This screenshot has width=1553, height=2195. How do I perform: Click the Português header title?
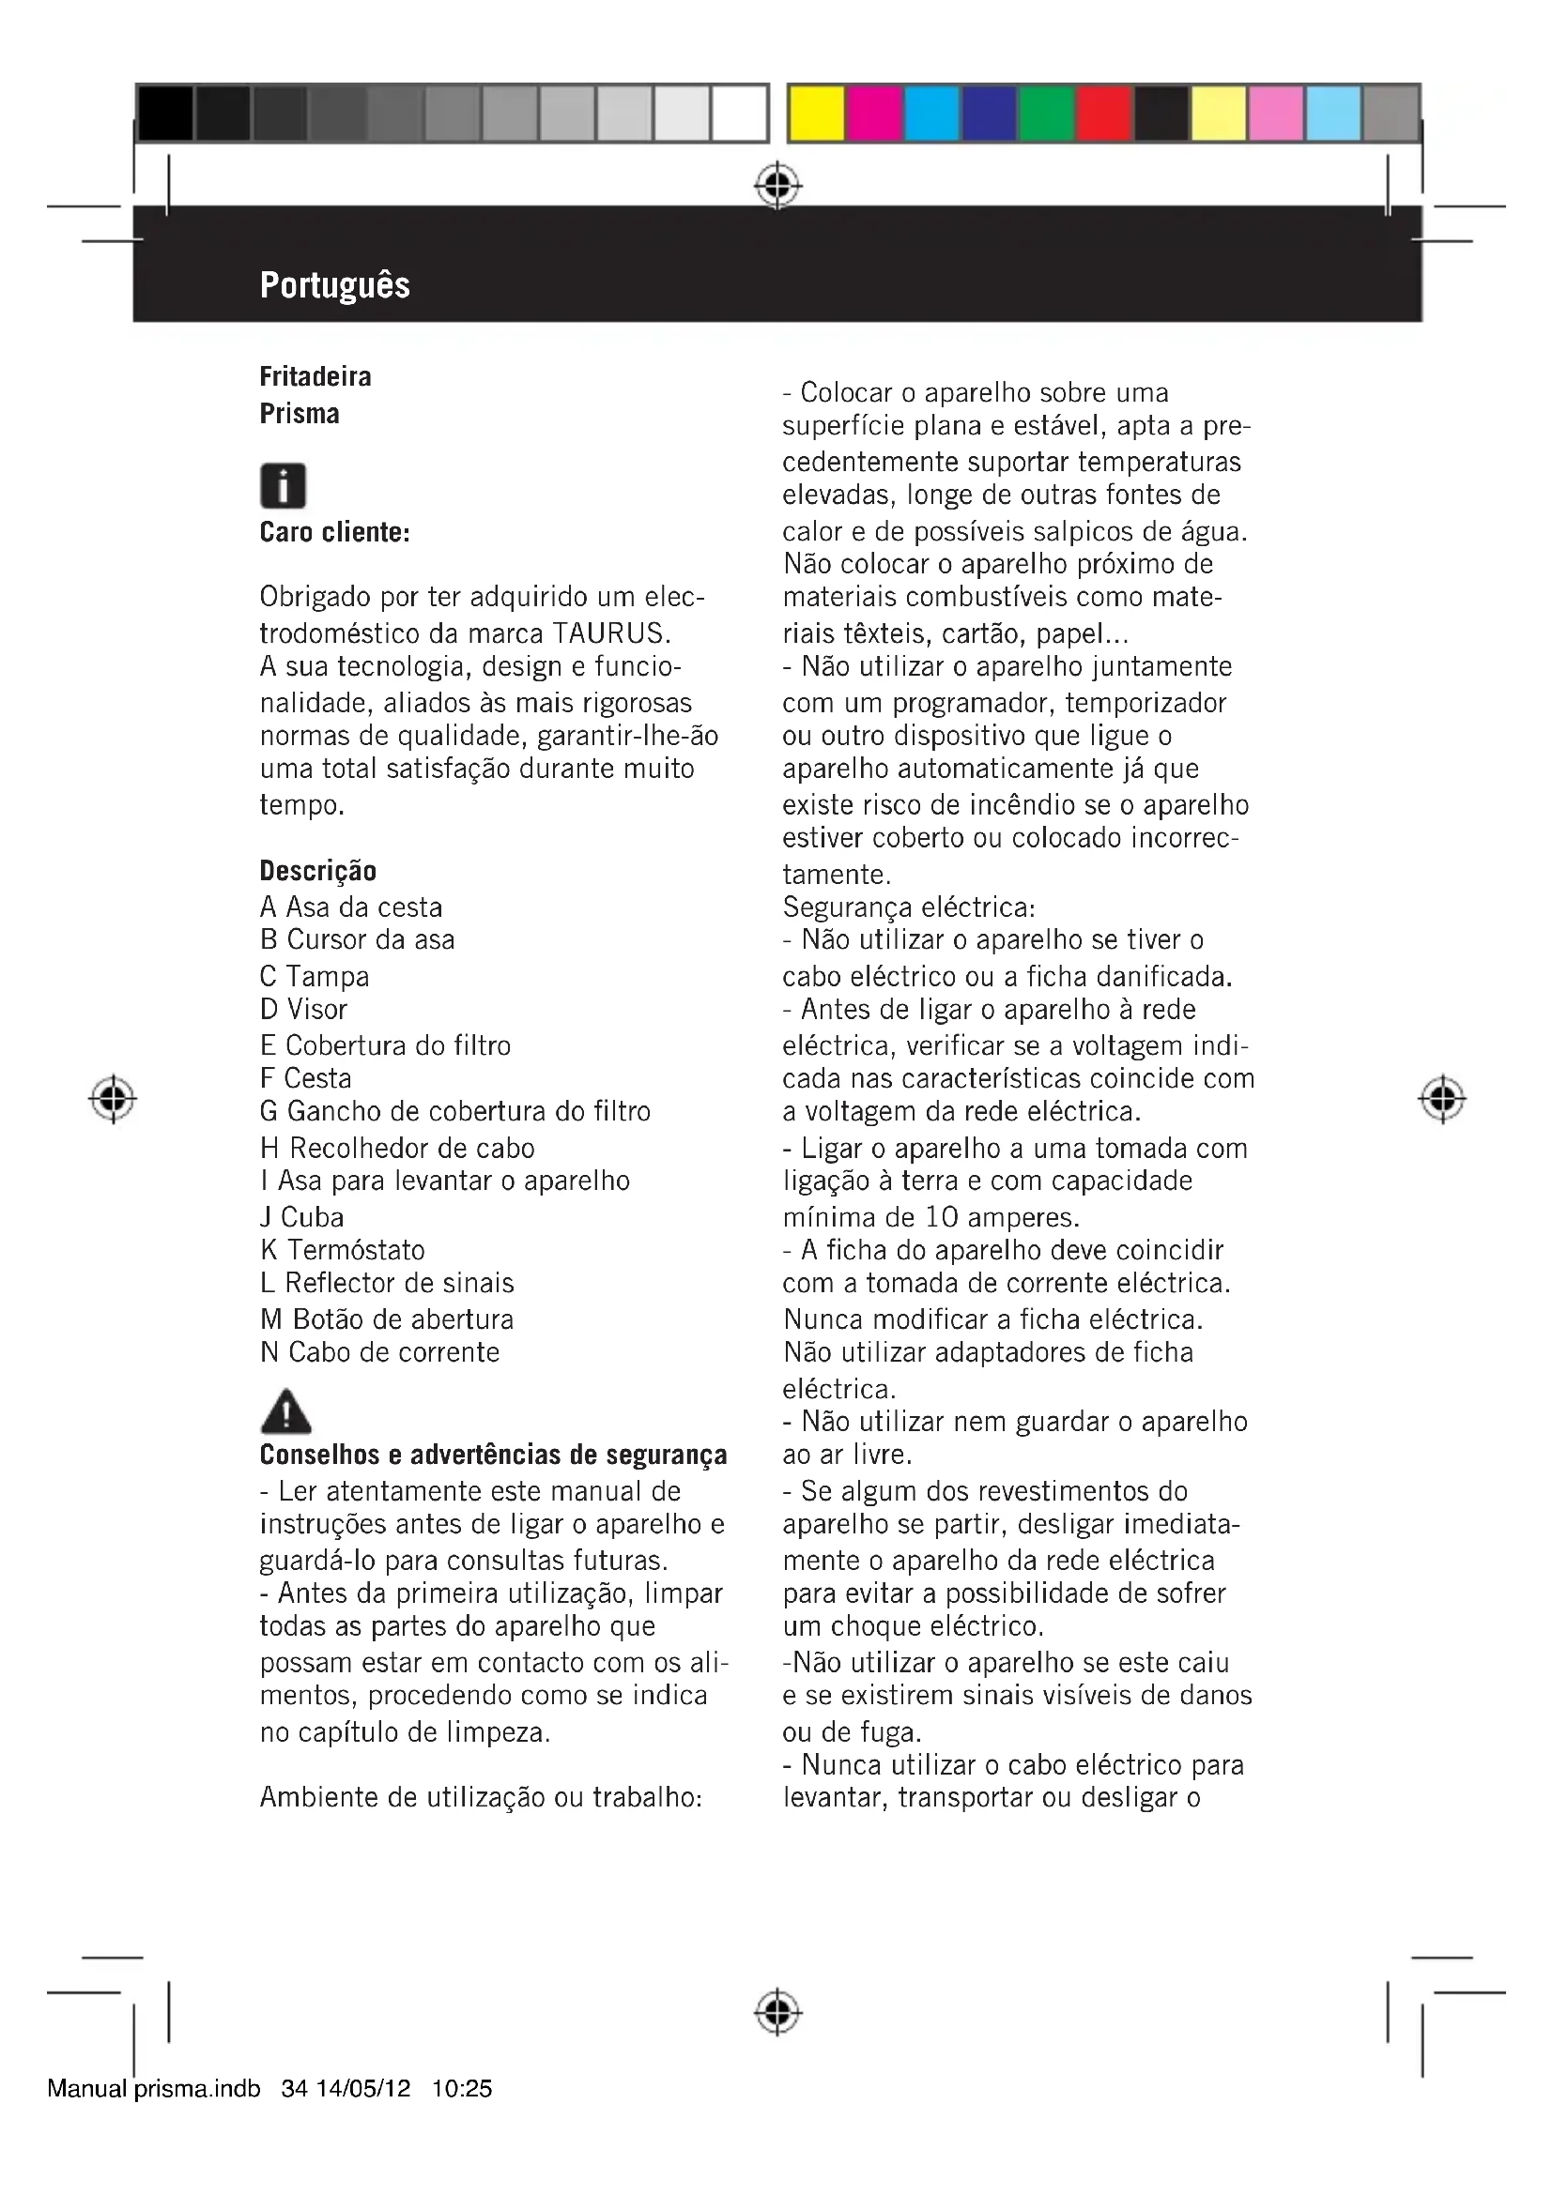coord(334,285)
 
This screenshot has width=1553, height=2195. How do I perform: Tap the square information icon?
coord(283,486)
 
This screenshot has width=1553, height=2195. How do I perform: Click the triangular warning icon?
coord(285,1410)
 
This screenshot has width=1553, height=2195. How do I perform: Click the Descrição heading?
coord(318,871)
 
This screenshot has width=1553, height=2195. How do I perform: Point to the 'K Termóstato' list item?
coord(343,1249)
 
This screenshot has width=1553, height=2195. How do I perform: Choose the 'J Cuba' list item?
coord(302,1217)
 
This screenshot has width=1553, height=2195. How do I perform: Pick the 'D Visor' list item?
coord(304,1009)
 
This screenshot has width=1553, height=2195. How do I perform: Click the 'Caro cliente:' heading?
coord(334,532)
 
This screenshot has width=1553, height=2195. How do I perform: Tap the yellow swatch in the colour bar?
coord(817,114)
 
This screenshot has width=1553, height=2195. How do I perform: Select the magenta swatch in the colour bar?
coord(874,114)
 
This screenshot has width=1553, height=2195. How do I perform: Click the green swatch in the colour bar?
coord(1046,114)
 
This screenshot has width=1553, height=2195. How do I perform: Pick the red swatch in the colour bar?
coord(1103,114)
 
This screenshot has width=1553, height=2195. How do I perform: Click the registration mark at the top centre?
coord(777,186)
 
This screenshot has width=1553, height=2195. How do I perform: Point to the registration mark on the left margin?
coord(113,1100)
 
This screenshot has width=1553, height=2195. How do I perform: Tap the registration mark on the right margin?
coord(1442,1100)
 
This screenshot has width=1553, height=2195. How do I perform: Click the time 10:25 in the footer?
coord(462,2089)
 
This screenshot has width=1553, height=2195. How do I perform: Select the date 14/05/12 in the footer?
coord(363,2089)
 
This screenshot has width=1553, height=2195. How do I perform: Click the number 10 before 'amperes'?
coord(942,1217)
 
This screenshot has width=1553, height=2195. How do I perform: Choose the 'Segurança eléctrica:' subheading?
coord(909,907)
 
